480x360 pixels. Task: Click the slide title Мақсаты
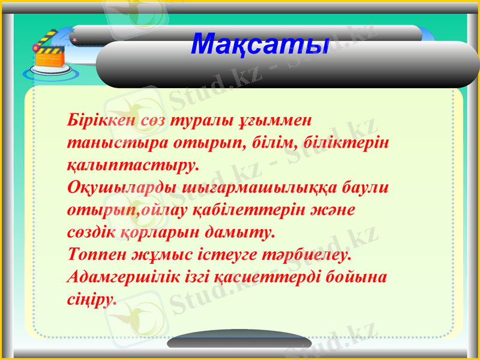pos(260,44)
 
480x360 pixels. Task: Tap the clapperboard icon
pos(50,56)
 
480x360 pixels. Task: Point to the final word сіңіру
pos(92,298)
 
